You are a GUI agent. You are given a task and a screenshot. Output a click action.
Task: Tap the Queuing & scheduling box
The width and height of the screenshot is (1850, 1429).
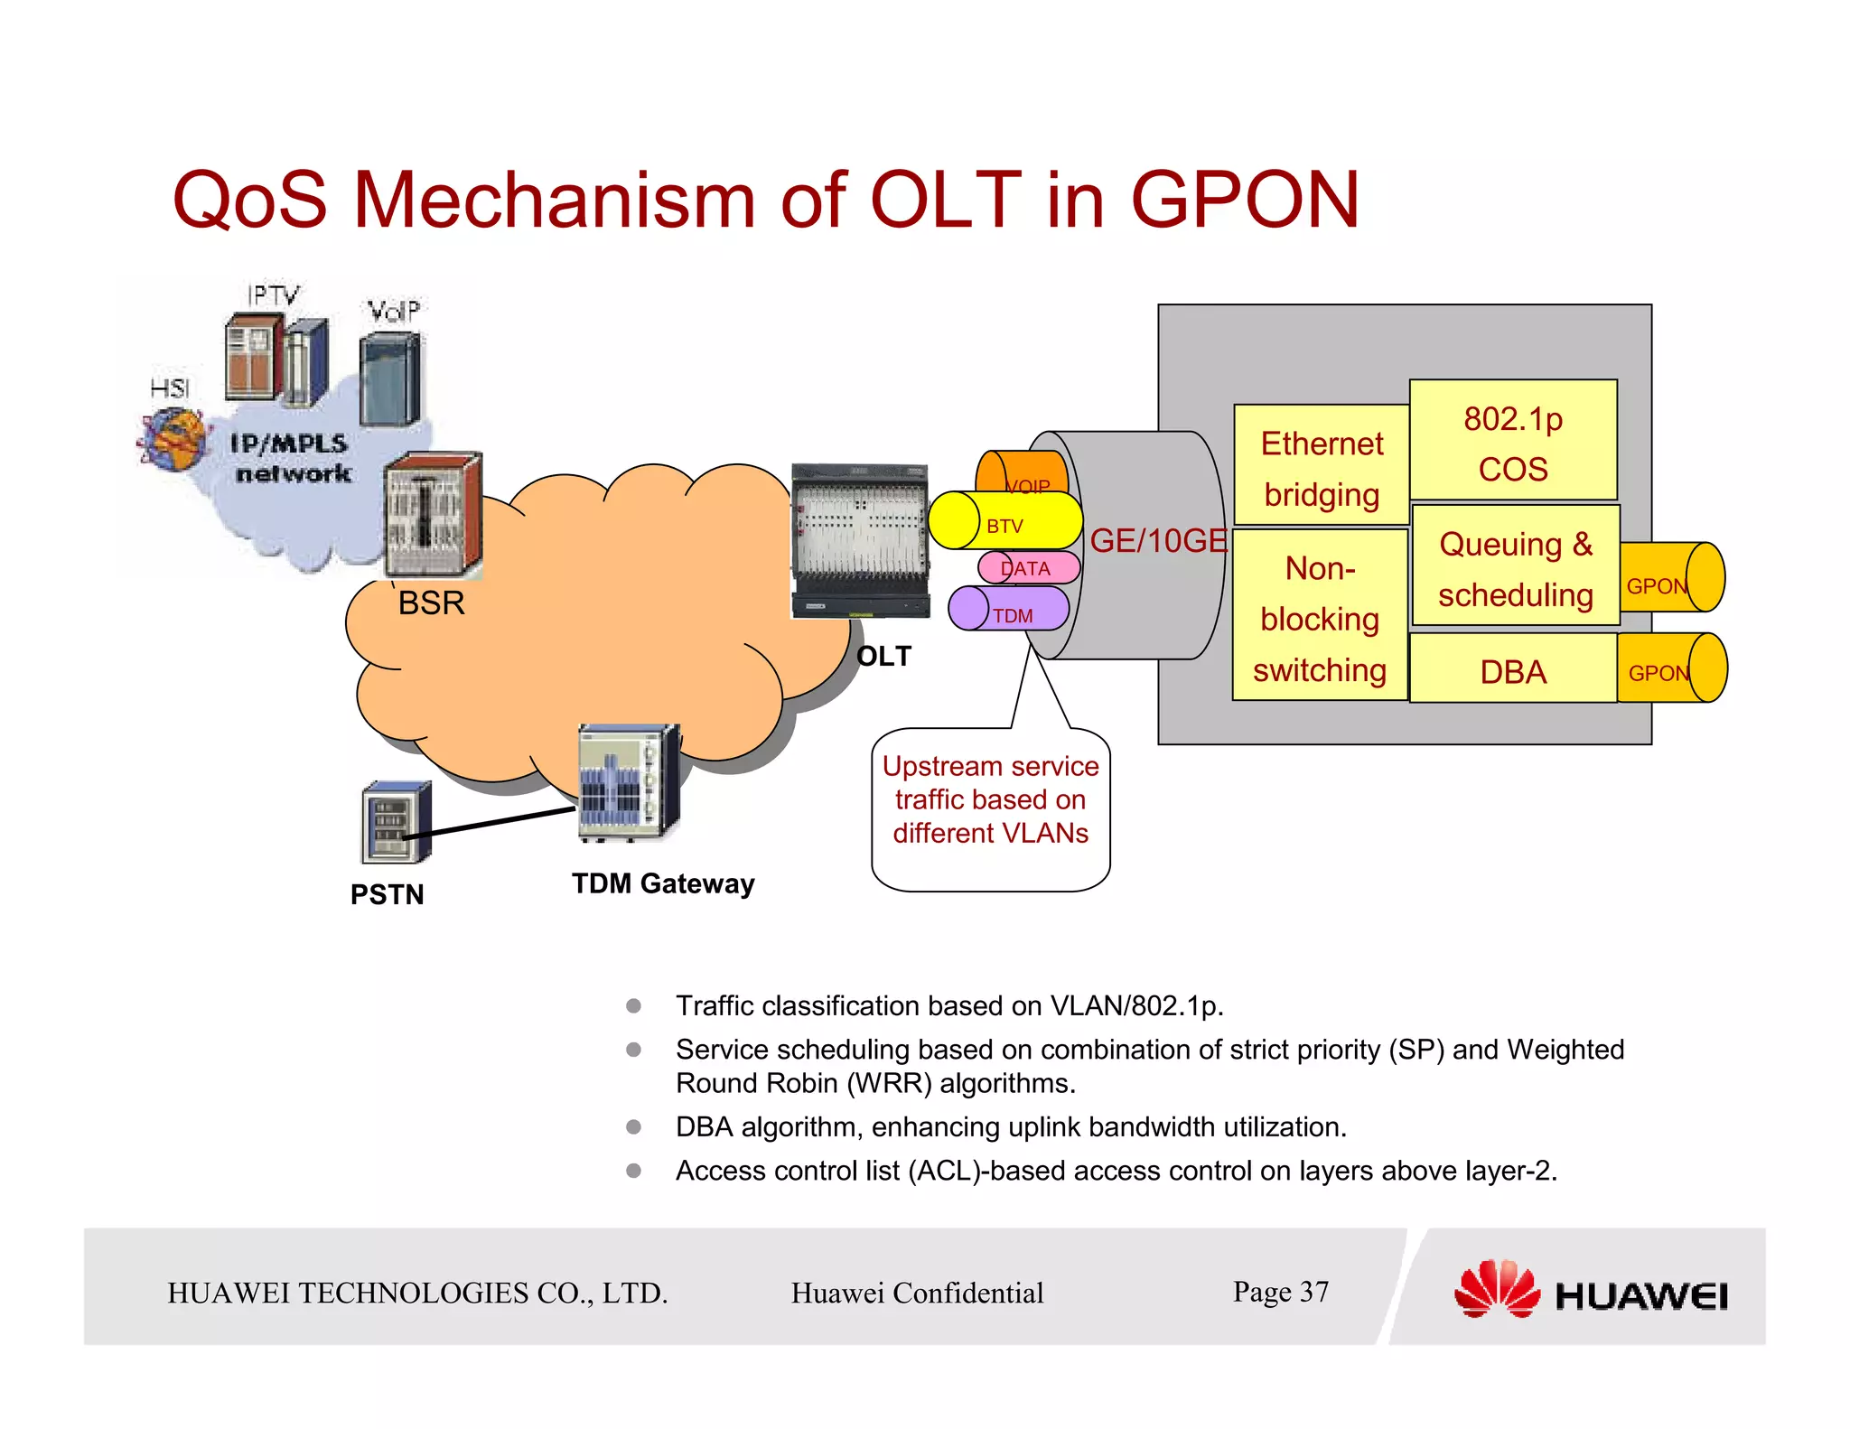point(1515,566)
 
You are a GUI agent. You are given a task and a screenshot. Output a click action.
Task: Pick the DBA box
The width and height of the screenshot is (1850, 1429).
point(1512,670)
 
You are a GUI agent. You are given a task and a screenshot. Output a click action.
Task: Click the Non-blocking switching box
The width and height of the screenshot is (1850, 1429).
point(1319,616)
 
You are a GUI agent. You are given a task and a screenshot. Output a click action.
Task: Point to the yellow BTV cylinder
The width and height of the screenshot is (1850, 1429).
point(1004,521)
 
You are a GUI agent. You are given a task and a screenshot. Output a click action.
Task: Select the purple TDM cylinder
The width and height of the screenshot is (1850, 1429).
point(1008,610)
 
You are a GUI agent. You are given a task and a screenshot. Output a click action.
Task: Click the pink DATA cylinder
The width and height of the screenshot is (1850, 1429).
point(1029,568)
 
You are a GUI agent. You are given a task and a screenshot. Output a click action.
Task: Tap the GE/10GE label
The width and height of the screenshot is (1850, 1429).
point(1158,541)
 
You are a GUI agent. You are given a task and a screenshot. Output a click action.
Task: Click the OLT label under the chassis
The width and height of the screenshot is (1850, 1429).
point(883,656)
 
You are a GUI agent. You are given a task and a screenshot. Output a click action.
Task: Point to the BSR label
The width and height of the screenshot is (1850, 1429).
point(431,602)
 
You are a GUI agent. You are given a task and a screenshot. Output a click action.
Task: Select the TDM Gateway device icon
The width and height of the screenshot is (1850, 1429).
point(628,782)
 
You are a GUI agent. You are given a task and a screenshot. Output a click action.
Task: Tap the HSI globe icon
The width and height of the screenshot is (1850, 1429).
point(172,440)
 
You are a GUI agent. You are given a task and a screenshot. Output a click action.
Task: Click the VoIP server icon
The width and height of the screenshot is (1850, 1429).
point(390,378)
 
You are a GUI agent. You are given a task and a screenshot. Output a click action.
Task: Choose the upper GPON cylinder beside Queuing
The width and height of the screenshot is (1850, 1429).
point(1671,578)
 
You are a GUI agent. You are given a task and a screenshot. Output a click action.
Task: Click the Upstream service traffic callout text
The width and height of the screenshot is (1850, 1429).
point(990,799)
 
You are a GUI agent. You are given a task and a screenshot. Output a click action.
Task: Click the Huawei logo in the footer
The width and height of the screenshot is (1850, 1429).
point(1589,1290)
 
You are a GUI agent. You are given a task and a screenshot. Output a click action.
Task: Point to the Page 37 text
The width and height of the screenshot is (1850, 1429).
point(1280,1292)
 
